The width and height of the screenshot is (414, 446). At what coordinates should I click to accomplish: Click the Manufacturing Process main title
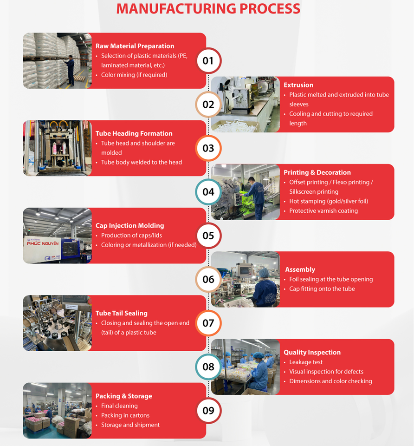click(x=208, y=9)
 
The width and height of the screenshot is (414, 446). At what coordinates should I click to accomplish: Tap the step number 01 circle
click(x=208, y=60)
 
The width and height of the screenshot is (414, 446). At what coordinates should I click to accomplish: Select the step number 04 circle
click(x=208, y=191)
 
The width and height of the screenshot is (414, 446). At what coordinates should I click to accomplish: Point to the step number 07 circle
click(x=208, y=323)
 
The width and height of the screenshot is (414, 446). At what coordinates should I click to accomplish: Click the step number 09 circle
click(x=208, y=410)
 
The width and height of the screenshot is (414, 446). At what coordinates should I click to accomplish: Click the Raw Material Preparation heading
click(x=135, y=46)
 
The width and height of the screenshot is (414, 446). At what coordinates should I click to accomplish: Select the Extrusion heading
click(x=298, y=85)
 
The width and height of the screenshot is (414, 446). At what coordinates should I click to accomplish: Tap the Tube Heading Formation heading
click(x=134, y=133)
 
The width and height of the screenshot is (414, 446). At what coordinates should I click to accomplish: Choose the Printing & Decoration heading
click(x=317, y=172)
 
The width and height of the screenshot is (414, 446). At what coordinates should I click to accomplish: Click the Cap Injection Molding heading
click(x=129, y=225)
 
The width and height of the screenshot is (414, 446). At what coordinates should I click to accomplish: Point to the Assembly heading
click(x=300, y=269)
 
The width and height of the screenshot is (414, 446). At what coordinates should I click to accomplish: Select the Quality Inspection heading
click(x=312, y=352)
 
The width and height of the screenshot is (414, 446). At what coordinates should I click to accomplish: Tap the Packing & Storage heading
click(x=123, y=396)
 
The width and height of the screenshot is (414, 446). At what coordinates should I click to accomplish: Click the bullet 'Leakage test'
click(x=306, y=362)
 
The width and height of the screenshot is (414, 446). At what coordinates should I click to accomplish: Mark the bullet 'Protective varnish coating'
click(x=323, y=210)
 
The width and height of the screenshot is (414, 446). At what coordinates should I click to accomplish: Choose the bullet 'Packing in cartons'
click(x=125, y=415)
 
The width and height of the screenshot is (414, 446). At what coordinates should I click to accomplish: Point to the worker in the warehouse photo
click(x=70, y=70)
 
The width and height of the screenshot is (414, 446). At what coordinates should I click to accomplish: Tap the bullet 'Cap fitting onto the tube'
click(x=322, y=289)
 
